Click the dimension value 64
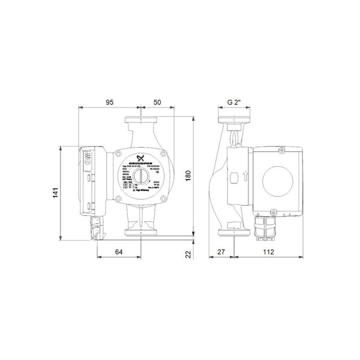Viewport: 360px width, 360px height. click(119, 253)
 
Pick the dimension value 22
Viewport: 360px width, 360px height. click(187, 255)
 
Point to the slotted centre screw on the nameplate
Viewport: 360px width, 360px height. click(139, 177)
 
